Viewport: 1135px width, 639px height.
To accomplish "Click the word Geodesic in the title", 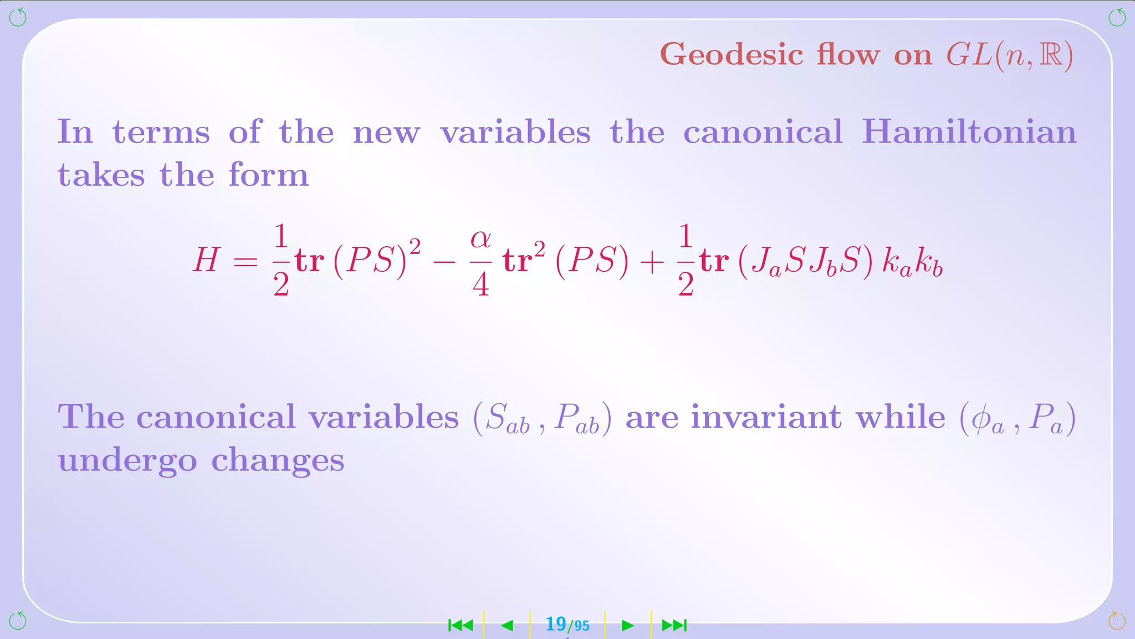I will [732, 55].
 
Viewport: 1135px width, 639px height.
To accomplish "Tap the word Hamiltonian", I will [969, 132].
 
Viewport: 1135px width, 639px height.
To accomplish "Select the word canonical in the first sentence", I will [763, 132].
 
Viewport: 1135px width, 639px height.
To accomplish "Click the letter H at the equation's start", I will [206, 260].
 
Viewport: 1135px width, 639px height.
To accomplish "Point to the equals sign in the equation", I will [246, 261].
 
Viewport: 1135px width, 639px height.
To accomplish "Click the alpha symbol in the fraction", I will [480, 240].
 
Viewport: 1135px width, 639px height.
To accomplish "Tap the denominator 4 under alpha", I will [480, 285].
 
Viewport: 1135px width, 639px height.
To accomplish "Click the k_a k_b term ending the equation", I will [912, 262].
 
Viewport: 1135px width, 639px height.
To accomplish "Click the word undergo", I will [127, 461].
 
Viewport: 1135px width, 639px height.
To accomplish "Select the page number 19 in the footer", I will [555, 624].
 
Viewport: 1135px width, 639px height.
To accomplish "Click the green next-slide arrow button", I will [627, 626].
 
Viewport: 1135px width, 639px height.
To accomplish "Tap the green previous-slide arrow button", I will [507, 626].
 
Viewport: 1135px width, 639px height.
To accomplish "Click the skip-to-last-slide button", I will [674, 626].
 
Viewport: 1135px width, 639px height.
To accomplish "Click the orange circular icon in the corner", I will [1117, 621].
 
